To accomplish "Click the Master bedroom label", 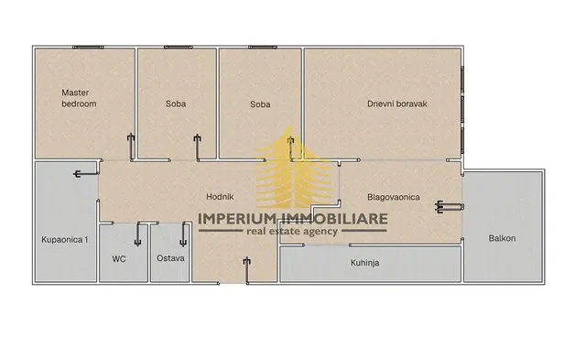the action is pyautogui.click(x=79, y=98).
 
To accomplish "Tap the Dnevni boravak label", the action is pyautogui.click(x=396, y=104).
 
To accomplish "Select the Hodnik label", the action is pyautogui.click(x=220, y=197).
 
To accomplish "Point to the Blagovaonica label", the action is pyautogui.click(x=394, y=197).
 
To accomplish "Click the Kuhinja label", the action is pyautogui.click(x=364, y=263).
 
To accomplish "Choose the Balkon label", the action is pyautogui.click(x=502, y=238).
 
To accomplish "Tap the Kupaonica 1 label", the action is pyautogui.click(x=65, y=240).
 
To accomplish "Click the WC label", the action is pyautogui.click(x=119, y=258).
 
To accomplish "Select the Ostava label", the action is pyautogui.click(x=170, y=258).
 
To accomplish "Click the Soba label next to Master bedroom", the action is pyautogui.click(x=176, y=104).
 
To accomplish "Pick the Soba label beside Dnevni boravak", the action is pyautogui.click(x=260, y=104).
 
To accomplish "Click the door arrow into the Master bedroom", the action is pyautogui.click(x=131, y=147).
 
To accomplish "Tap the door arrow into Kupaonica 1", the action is pyautogui.click(x=86, y=173).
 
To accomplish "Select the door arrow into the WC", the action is pyautogui.click(x=137, y=234).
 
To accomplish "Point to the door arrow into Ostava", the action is pyautogui.click(x=183, y=235).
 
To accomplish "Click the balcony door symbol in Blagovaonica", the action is pyautogui.click(x=450, y=207).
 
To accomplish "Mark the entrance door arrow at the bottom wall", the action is pyautogui.click(x=246, y=270).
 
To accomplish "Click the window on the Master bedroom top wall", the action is pyautogui.click(x=88, y=47).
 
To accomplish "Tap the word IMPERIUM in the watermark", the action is pyautogui.click(x=237, y=219).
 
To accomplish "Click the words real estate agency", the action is pyautogui.click(x=292, y=232).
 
